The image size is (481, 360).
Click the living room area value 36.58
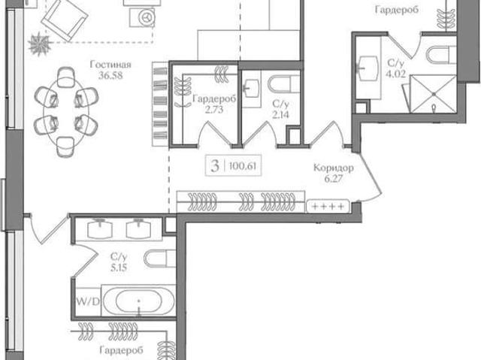pos(110,75)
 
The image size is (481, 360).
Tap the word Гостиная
pos(110,65)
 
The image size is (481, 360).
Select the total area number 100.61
pos(243,166)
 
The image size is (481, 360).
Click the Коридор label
pos(334,168)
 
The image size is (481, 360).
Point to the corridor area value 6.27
pos(334,178)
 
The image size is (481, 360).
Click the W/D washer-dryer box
pos(88,302)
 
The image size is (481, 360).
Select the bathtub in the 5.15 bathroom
pos(138,301)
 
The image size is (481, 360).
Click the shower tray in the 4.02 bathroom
pos(433,94)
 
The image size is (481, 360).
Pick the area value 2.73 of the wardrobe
pos(214,110)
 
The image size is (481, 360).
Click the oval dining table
pos(66,112)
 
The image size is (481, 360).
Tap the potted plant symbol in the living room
pos(39,44)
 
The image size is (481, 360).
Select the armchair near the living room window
pos(65,20)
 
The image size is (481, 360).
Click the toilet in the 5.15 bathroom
pos(159,259)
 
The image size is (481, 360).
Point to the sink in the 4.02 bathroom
pos(368,68)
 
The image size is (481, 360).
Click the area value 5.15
pos(119,268)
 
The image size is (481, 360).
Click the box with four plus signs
pos(328,207)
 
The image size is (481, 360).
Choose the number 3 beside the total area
pos(215,166)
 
